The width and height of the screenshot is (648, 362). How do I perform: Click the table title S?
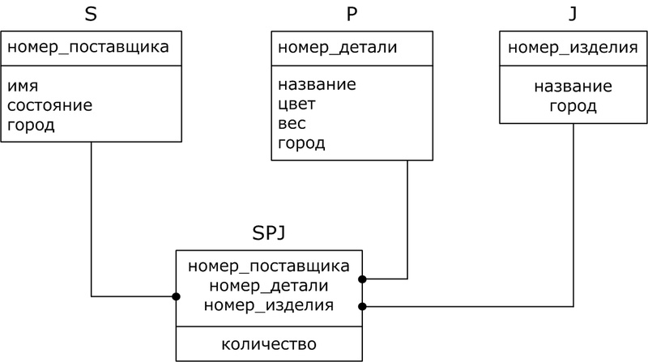[x=92, y=14]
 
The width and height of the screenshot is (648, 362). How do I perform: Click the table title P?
[x=351, y=14]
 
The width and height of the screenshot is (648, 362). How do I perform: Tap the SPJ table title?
[x=269, y=234]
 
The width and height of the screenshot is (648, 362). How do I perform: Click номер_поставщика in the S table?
[x=88, y=47]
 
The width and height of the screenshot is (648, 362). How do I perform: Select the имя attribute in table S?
[x=23, y=85]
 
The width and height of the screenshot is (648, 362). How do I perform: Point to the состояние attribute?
[x=49, y=105]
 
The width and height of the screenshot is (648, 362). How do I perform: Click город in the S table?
[x=31, y=126]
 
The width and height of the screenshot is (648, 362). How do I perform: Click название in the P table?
[x=317, y=85]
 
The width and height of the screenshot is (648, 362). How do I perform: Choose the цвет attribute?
[x=296, y=104]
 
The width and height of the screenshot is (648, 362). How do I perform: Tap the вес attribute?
[x=292, y=124]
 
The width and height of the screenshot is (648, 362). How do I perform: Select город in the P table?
[x=301, y=144]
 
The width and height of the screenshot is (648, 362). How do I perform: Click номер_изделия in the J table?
[x=573, y=47]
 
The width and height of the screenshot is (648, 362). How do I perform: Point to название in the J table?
[x=573, y=86]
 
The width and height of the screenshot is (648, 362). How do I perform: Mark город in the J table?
[x=573, y=105]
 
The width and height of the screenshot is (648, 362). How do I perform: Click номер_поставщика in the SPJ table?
[x=269, y=266]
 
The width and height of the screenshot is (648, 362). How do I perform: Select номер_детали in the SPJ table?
[x=269, y=286]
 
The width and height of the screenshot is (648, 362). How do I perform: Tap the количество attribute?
[x=269, y=344]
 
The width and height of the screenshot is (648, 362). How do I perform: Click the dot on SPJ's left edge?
[x=176, y=296]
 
